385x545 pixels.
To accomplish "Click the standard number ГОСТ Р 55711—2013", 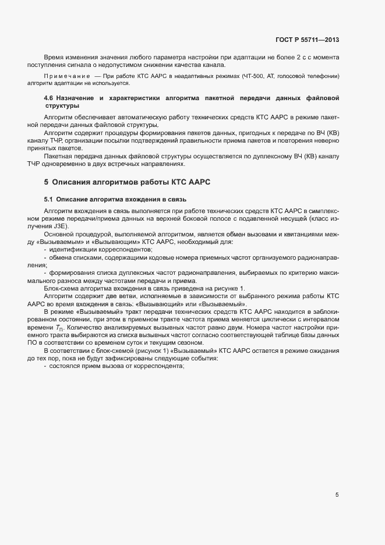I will pos(307,40).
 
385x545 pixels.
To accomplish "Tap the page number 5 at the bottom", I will pos(337,495).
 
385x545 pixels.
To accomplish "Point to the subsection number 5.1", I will pos(49,199).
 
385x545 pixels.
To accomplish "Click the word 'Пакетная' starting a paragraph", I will pos(56,156).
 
